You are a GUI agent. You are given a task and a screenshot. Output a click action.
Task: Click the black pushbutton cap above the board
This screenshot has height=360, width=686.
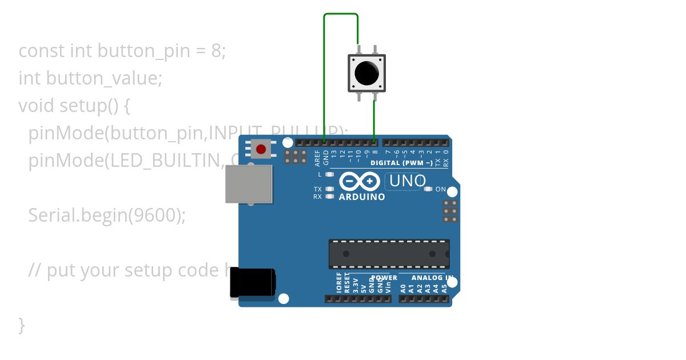[366, 73]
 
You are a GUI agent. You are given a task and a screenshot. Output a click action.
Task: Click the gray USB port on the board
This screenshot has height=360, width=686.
[249, 184]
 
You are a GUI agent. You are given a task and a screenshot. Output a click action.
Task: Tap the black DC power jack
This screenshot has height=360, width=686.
[252, 283]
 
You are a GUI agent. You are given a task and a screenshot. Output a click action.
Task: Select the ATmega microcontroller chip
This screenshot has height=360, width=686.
[389, 254]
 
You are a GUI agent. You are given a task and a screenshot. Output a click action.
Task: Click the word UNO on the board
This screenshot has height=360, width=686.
[407, 181]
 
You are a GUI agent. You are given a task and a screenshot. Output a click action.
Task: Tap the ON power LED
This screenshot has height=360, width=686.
[428, 189]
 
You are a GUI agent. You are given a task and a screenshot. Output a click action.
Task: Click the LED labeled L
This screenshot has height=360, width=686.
[329, 174]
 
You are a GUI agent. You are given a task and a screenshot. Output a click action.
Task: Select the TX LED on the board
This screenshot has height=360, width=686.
[329, 189]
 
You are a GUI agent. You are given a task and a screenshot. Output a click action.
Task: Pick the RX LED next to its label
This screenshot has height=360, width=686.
[329, 197]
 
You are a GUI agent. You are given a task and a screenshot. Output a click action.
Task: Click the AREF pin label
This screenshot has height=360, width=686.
[318, 157]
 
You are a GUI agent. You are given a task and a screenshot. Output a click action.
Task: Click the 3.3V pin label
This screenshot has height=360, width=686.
[355, 286]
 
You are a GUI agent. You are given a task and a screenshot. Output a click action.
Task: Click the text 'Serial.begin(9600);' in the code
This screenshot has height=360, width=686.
[107, 215]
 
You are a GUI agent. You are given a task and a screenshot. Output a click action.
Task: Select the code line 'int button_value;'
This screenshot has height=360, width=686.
[90, 78]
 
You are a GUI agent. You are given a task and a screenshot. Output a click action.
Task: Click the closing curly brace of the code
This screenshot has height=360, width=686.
[22, 325]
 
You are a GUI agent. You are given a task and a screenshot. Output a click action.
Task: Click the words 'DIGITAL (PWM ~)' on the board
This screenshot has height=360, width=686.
[401, 163]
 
